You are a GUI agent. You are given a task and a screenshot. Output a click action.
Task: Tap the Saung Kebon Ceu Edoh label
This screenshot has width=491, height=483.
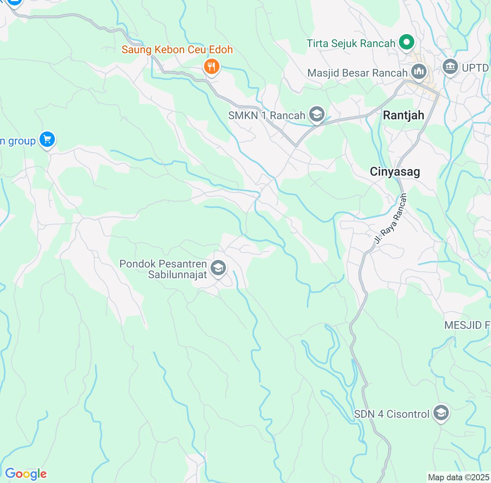[x=177, y=50]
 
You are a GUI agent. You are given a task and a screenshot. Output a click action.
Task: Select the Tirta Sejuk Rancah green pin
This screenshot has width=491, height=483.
[x=407, y=42]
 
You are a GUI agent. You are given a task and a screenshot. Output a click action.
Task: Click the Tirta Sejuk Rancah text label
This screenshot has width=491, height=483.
[x=351, y=44]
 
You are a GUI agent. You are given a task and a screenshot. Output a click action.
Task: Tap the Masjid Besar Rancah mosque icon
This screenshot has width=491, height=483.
[x=419, y=71]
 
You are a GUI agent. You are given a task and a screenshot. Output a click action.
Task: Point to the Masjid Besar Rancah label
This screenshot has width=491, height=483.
[x=357, y=73]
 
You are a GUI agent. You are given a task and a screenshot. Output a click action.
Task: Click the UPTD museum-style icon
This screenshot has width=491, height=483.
[x=450, y=67]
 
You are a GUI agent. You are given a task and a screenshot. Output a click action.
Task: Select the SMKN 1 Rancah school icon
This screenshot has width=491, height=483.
[x=317, y=114]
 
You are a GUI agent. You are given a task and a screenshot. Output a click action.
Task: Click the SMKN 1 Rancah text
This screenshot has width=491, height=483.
[x=267, y=115]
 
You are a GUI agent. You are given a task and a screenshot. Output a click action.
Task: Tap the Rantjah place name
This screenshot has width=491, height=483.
[x=404, y=115]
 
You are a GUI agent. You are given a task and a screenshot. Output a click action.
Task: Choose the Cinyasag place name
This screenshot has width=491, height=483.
[x=395, y=172]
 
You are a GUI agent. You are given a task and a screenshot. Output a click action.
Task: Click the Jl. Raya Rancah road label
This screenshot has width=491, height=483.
[x=390, y=219]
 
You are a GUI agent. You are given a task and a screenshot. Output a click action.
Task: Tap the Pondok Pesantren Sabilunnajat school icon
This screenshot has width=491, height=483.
[x=218, y=268]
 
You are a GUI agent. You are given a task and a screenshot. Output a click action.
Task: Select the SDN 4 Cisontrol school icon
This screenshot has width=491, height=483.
[x=441, y=413]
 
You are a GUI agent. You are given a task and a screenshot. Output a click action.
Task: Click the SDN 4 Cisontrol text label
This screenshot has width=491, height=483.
[x=391, y=414]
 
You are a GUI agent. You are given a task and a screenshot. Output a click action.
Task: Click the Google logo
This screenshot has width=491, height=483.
[x=26, y=474]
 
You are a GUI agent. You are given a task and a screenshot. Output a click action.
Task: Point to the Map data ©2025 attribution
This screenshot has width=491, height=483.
[x=458, y=478]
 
